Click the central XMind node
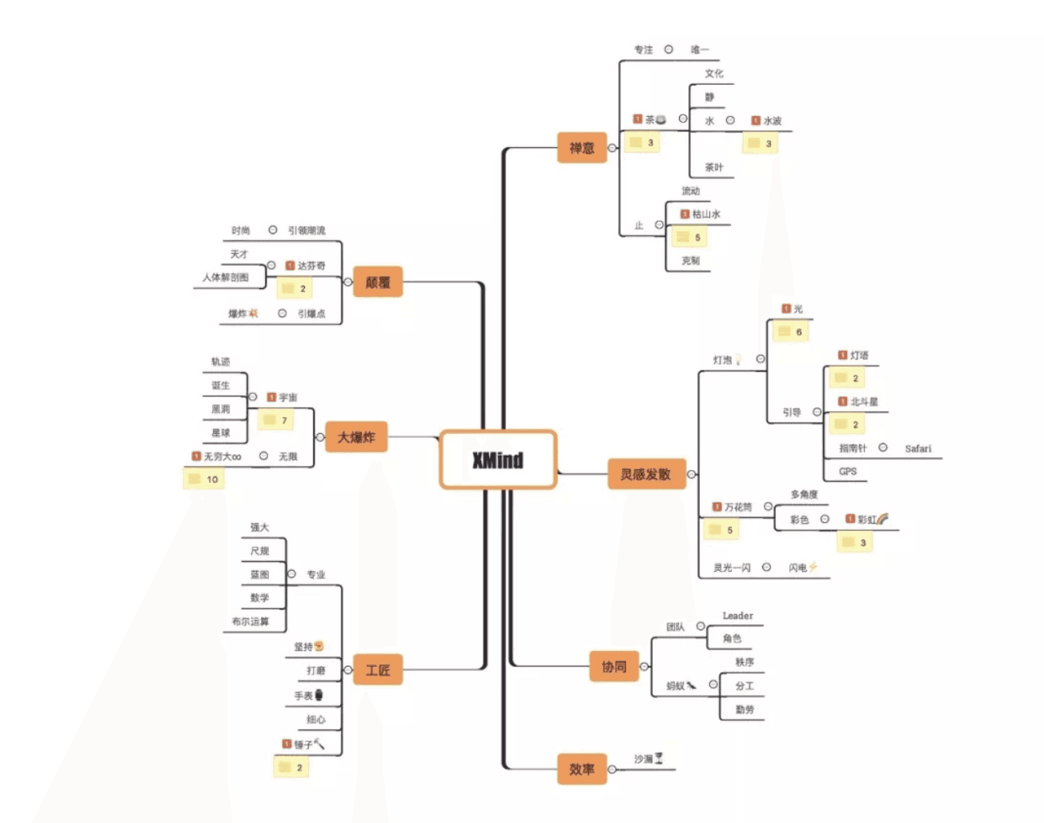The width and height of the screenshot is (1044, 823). pyautogui.click(x=497, y=460)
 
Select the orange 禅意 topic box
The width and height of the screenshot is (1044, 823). pyautogui.click(x=582, y=148)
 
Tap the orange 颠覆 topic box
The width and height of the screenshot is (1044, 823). pyautogui.click(x=378, y=282)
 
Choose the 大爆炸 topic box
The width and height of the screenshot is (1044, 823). pyautogui.click(x=356, y=437)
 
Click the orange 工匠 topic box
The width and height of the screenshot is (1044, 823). pyautogui.click(x=378, y=670)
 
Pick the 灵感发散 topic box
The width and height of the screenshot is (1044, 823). pyautogui.click(x=645, y=474)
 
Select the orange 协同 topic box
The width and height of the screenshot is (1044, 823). pyautogui.click(x=614, y=666)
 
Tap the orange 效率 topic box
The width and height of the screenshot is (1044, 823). pyautogui.click(x=582, y=769)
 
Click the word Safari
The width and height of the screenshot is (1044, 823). pyautogui.click(x=918, y=448)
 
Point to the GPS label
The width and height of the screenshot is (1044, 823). pyautogui.click(x=848, y=472)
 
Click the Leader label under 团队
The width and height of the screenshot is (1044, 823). pyautogui.click(x=737, y=616)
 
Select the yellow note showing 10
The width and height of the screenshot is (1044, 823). pyautogui.click(x=204, y=480)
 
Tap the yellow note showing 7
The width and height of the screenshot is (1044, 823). pyautogui.click(x=276, y=420)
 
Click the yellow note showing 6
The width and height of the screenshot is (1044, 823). pyautogui.click(x=790, y=331)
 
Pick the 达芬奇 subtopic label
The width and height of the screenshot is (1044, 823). pyautogui.click(x=311, y=266)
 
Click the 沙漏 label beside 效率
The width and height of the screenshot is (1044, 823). pyautogui.click(x=644, y=759)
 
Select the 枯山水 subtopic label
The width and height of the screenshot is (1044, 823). pyautogui.click(x=706, y=215)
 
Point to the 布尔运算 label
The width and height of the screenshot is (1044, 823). pyautogui.click(x=251, y=621)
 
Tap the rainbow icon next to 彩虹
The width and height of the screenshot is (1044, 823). pyautogui.click(x=882, y=519)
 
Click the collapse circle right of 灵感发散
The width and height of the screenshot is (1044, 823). pyautogui.click(x=692, y=474)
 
